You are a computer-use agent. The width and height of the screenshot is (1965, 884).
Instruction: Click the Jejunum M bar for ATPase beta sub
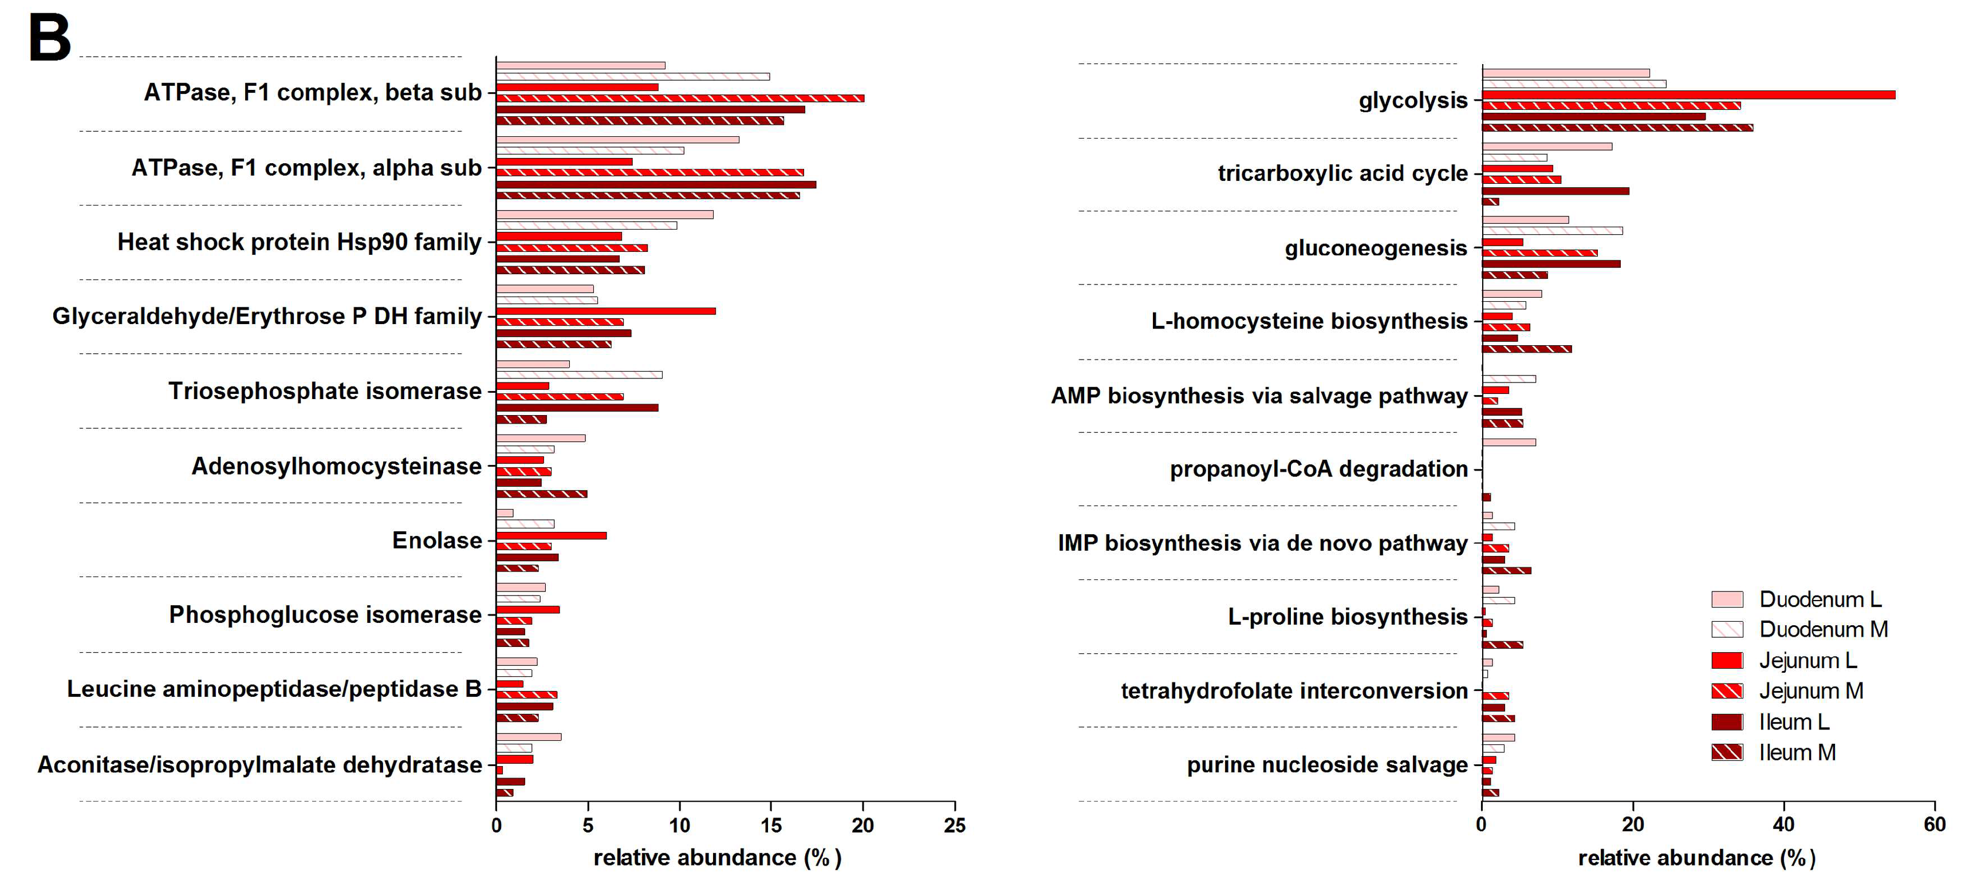[x=679, y=98]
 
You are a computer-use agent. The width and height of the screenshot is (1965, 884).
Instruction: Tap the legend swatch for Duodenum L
[x=1726, y=599]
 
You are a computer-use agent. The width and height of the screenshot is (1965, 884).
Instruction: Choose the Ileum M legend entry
[x=1797, y=752]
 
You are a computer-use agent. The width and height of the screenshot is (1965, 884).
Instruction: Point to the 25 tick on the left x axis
[x=954, y=824]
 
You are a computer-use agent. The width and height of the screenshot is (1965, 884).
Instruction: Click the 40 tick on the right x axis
[x=1783, y=824]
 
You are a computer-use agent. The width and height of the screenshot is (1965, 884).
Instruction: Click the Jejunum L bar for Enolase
[x=551, y=535]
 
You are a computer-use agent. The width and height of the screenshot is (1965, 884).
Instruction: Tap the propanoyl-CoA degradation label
[x=1318, y=468]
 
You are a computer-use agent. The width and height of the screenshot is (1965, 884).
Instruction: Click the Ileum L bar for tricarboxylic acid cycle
[x=1554, y=191]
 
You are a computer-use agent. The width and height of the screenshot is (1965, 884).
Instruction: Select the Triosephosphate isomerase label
[x=325, y=390]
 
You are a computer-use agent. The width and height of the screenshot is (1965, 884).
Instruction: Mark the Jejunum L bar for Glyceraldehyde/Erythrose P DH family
[x=606, y=311]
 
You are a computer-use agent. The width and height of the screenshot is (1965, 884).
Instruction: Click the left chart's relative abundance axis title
[x=717, y=857]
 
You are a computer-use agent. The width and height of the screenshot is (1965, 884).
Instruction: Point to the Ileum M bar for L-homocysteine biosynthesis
[x=1526, y=349]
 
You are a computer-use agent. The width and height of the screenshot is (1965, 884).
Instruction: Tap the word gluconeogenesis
[x=1375, y=248]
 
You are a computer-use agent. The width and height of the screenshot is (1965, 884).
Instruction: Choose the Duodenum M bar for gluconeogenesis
[x=1551, y=230]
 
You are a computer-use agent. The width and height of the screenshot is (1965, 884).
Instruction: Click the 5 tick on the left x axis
[x=588, y=824]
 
